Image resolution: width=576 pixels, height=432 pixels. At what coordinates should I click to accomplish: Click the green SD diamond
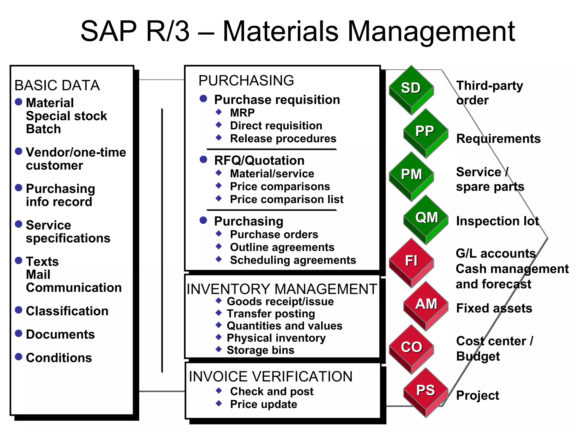coord(411,89)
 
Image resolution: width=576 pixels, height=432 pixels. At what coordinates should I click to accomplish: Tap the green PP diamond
coord(425,132)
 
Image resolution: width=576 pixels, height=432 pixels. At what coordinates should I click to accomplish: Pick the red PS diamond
coord(426,391)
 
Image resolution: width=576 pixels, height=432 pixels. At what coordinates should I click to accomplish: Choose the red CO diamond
coord(411,348)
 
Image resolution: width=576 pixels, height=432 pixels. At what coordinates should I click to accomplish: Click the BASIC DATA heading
coord(57,85)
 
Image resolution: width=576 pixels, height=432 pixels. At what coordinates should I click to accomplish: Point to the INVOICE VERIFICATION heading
coord(270,376)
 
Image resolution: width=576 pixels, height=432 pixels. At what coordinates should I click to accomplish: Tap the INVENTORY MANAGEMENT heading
coord(282,289)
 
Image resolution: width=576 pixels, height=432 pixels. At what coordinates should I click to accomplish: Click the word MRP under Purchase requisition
coord(242,113)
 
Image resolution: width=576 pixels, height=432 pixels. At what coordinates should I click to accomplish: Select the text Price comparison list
coord(287,199)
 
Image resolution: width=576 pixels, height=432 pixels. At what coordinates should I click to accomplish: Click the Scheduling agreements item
coord(293,260)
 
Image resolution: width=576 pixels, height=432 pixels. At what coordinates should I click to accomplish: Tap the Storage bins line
coord(260,350)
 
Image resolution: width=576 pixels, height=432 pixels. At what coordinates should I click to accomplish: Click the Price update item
coord(264,404)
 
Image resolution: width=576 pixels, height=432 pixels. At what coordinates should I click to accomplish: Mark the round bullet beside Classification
coord(19,310)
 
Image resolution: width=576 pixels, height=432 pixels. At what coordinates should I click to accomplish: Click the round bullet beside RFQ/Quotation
coord(203,159)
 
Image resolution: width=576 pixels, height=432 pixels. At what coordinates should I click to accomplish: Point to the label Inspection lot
coord(497,221)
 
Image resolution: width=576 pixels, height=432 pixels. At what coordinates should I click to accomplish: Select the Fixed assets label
coord(494,308)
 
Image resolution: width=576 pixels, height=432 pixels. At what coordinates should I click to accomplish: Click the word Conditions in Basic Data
coord(59,358)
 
